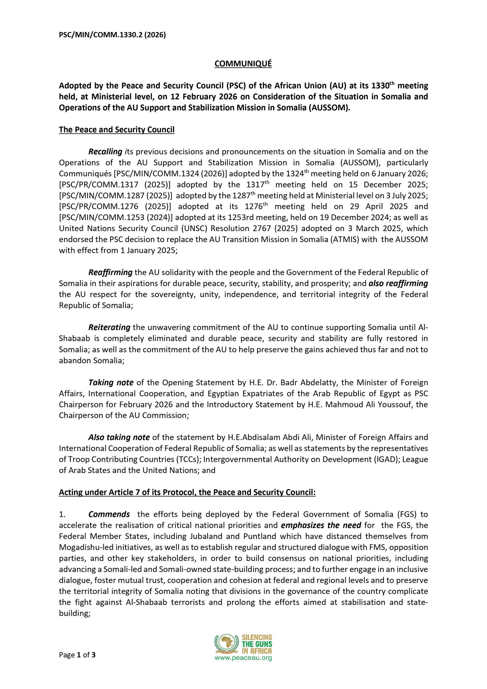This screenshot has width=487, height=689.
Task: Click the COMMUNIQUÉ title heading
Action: point(243,64)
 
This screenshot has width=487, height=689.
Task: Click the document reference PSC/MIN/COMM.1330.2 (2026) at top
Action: point(112,35)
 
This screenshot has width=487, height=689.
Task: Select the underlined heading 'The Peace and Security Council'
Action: point(116,130)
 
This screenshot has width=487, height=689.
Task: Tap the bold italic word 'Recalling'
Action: point(105,152)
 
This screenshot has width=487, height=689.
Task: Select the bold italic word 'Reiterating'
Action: point(109,327)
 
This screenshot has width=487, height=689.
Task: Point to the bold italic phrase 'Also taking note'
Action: point(119,437)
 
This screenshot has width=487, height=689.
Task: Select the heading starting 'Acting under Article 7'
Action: point(187,493)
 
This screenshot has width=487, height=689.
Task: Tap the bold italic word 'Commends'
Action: point(109,514)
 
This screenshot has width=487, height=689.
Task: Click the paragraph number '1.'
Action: point(62,514)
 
